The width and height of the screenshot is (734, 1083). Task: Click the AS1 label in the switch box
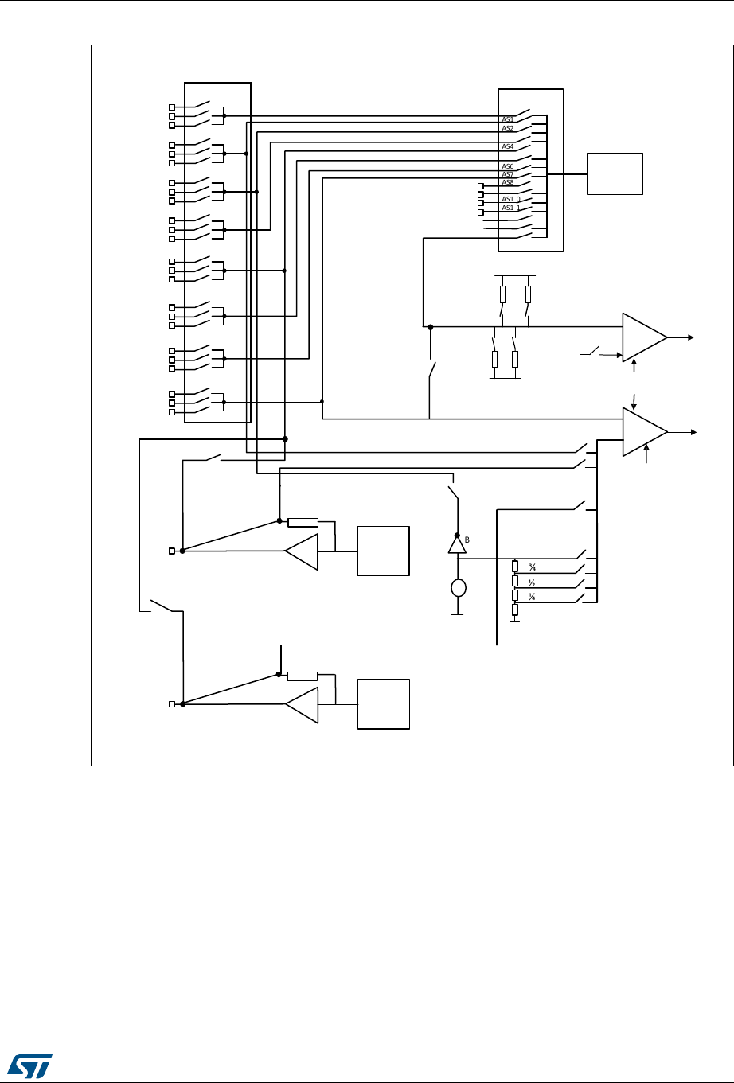click(507, 120)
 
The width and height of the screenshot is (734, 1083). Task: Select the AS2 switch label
click(507, 128)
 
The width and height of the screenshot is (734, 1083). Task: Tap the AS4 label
click(507, 146)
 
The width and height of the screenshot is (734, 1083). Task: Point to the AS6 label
click(507, 166)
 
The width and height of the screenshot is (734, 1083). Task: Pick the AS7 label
click(507, 174)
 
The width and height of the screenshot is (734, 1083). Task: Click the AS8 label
click(507, 182)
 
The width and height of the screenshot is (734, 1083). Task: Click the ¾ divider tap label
click(529, 567)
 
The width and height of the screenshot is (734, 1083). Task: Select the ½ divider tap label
click(529, 583)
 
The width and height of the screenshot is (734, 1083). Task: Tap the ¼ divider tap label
click(529, 598)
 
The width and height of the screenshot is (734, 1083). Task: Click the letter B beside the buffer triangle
click(468, 540)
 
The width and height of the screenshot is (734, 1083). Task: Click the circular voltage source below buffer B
click(457, 589)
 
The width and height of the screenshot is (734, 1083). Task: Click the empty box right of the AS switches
click(615, 174)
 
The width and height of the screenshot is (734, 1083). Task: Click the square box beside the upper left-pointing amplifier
click(383, 551)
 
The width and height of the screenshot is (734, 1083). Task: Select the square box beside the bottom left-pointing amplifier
click(383, 704)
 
